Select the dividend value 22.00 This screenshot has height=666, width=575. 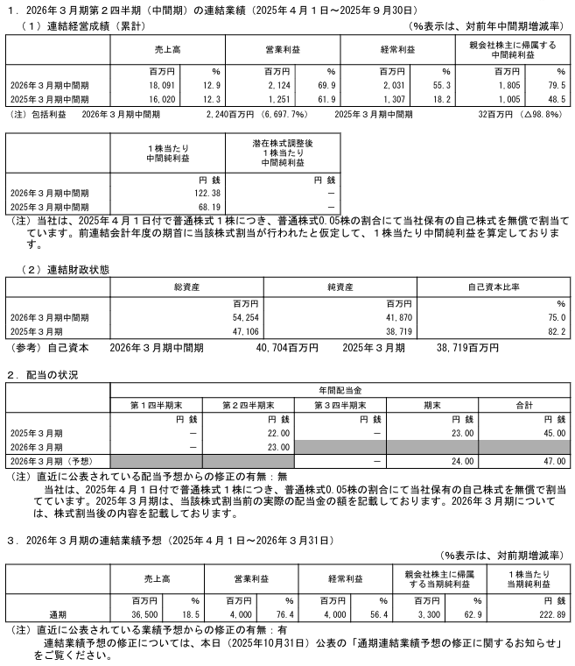(x=272, y=433)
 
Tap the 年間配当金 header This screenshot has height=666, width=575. (x=340, y=389)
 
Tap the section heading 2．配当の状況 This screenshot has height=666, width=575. (x=43, y=375)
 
